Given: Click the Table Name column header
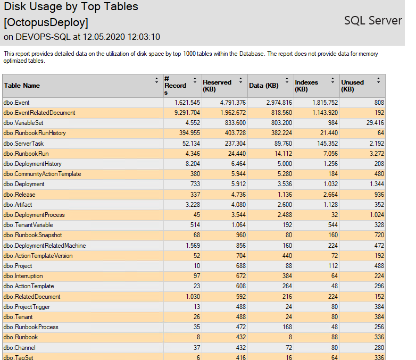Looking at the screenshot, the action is point(22,86).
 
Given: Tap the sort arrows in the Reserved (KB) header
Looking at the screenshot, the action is point(240,81).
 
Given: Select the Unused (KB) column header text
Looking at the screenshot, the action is point(352,86).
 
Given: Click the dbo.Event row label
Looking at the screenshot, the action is point(16,103).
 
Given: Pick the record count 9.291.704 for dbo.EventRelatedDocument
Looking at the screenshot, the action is point(187,113).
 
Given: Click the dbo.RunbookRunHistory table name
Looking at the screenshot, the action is point(35,133).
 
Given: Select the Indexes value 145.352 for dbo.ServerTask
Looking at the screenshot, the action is point(327,144).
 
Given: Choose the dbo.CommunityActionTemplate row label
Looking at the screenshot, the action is point(42,174).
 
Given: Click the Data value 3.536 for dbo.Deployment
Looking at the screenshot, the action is point(285,184).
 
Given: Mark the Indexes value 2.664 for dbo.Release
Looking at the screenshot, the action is point(330,195).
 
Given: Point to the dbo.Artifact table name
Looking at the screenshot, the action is point(18,205).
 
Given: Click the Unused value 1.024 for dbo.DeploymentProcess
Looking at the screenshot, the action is point(377,215).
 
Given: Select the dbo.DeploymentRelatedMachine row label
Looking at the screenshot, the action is point(45,246).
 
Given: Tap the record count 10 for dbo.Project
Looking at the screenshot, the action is point(197,266).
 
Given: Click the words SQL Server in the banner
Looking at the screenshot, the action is point(373,20).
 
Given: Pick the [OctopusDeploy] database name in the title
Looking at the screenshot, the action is point(46,22).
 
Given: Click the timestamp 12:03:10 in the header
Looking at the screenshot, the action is point(144,37).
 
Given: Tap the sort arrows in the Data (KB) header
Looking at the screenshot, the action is point(287,81).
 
